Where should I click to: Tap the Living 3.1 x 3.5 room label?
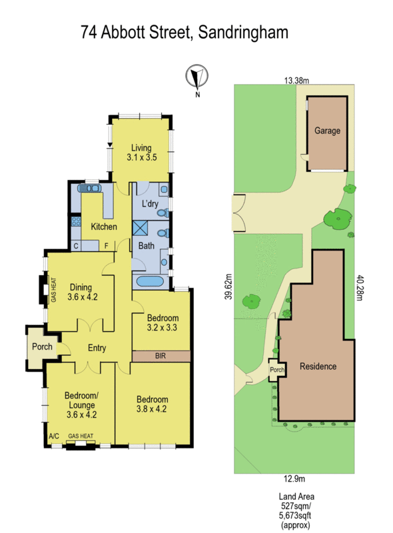141,153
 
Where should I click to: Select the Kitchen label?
104,227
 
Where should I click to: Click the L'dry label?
151,203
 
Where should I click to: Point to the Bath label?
146,246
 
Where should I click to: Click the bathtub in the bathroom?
148,281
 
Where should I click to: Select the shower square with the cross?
141,227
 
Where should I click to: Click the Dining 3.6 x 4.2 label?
82,292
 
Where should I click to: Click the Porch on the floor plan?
41,346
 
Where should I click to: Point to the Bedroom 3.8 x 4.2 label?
152,404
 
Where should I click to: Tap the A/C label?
54,436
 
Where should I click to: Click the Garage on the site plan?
327,131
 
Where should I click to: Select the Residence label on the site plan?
318,366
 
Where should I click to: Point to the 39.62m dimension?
227,286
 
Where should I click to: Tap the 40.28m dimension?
360,288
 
